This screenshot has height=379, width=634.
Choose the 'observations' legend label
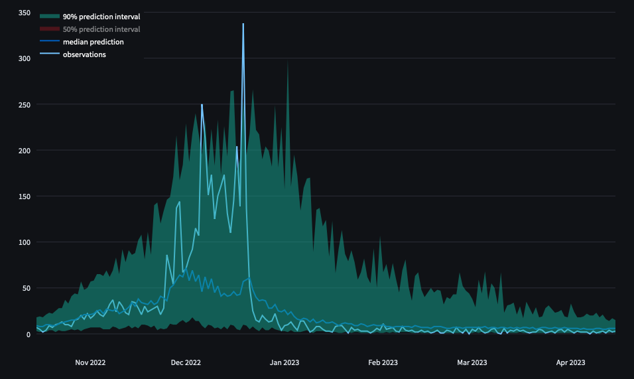coord(84,54)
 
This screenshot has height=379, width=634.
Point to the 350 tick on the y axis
coord(24,13)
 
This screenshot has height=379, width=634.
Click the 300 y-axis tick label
coord(24,59)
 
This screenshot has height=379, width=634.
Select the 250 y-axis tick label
coord(24,105)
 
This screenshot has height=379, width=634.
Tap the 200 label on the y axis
coord(24,151)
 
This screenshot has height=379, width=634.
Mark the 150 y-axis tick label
coord(24,196)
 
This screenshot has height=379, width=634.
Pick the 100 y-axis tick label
coord(24,242)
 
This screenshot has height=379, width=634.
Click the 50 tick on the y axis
coord(26,288)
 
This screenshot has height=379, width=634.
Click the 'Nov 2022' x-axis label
coord(90,362)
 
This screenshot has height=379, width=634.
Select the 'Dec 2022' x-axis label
coord(186,362)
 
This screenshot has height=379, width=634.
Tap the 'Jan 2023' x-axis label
coord(285,362)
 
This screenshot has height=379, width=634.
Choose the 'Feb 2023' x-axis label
coord(383,362)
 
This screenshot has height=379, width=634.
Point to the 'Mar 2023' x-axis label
coord(472,362)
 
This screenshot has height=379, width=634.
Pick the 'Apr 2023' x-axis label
coord(570,362)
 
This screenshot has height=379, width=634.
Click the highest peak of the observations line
coord(243,24)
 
